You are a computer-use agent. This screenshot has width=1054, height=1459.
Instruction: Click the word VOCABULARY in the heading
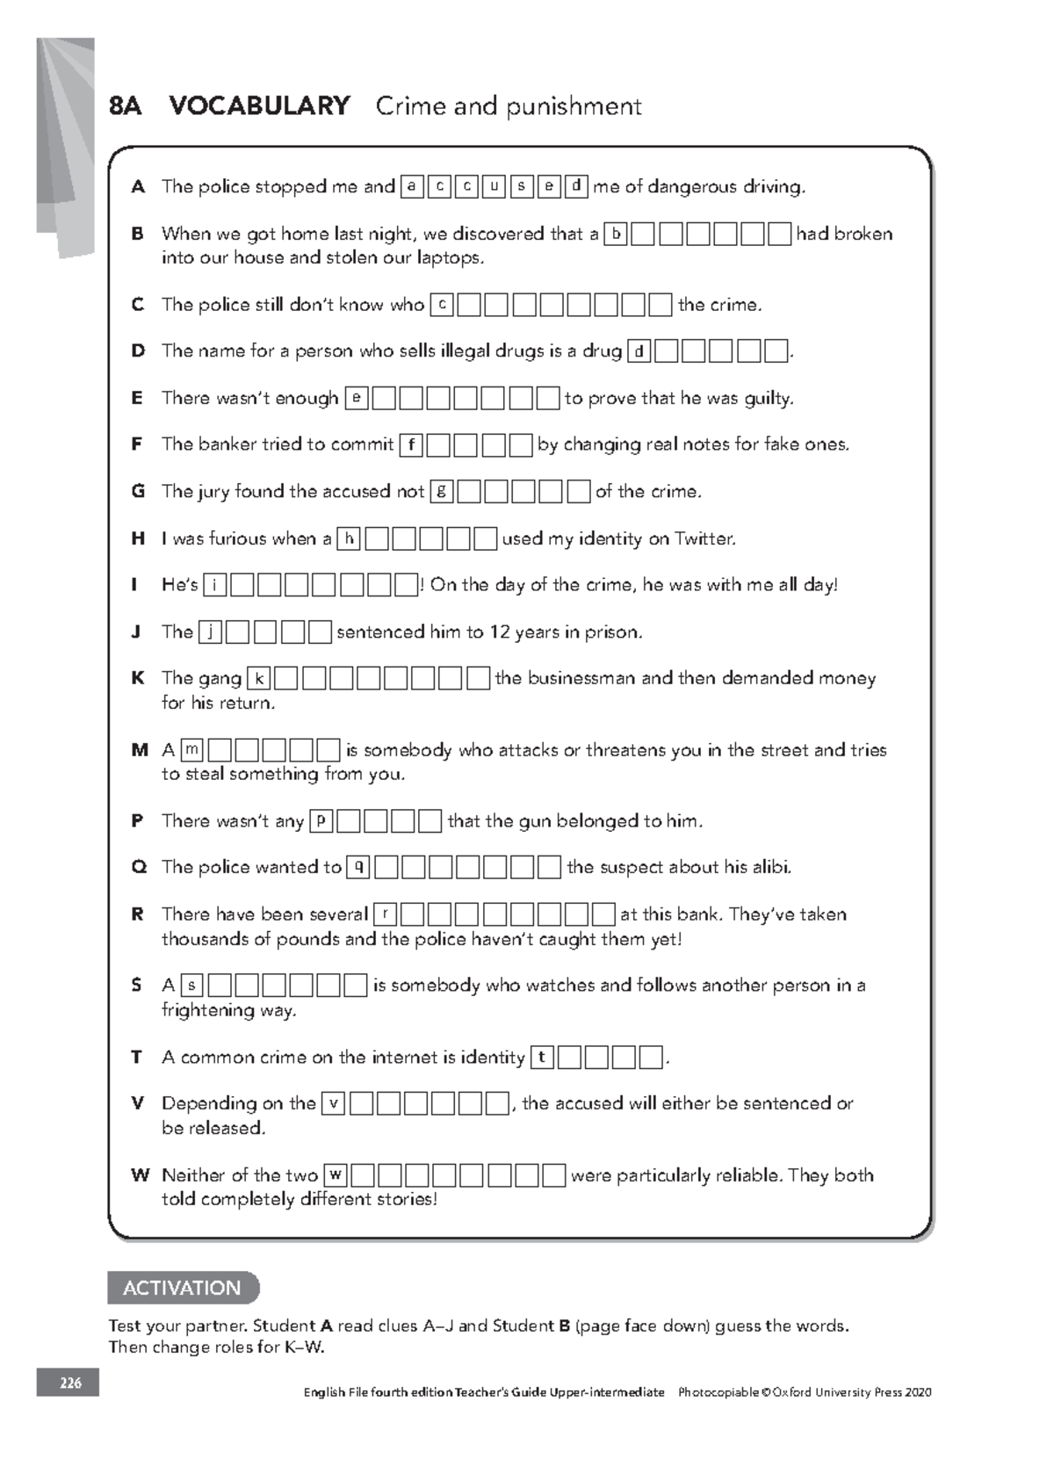click(x=259, y=106)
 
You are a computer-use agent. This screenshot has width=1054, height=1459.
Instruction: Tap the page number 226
click(x=69, y=1383)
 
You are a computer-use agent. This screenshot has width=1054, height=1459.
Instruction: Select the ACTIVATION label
click(x=182, y=1288)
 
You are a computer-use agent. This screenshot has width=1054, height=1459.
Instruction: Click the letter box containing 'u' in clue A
click(x=494, y=186)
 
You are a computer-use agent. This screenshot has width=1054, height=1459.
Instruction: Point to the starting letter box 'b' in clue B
click(x=617, y=234)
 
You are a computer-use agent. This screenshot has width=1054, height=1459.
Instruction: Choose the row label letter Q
click(x=138, y=867)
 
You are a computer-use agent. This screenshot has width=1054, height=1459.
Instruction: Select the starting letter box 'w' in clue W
click(x=336, y=1174)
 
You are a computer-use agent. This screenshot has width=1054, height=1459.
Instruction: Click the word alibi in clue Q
click(x=772, y=867)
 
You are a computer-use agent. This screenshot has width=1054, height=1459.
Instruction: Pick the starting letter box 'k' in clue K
click(x=259, y=678)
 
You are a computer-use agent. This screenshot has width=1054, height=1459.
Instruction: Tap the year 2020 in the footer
click(x=917, y=1392)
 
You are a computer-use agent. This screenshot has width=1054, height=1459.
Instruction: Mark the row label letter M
click(x=139, y=750)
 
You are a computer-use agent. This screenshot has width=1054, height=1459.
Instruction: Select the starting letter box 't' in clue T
click(x=542, y=1057)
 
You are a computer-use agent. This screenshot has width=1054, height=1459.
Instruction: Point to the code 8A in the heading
click(x=126, y=106)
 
